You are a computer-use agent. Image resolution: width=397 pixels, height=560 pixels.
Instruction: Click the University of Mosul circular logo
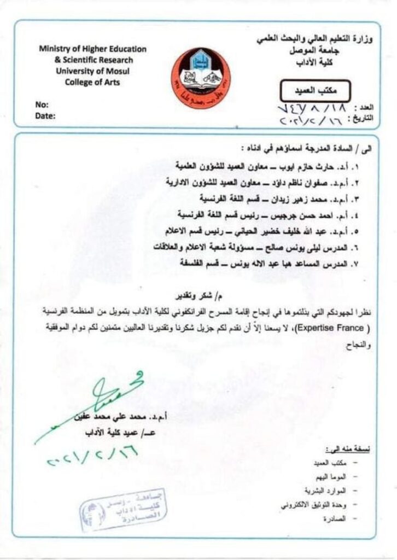click(x=201, y=78)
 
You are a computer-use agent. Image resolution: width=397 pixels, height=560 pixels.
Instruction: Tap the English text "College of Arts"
click(x=92, y=83)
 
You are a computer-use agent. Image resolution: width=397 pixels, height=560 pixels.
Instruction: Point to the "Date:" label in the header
click(x=46, y=115)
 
